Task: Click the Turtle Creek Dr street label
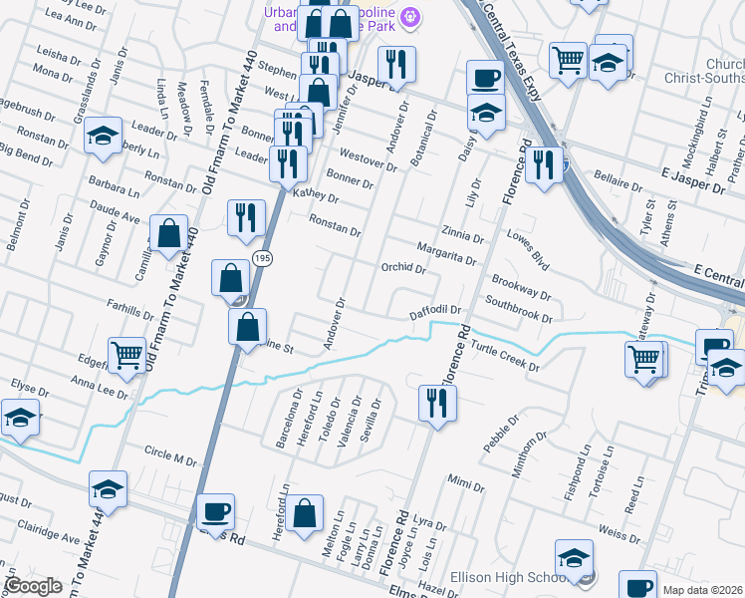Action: [505, 358]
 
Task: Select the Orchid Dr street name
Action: [403, 268]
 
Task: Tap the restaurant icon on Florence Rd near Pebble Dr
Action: [436, 403]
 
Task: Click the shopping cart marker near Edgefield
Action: [127, 354]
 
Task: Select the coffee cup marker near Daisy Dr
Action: [485, 79]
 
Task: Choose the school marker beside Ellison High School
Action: [574, 558]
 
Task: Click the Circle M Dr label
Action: [170, 459]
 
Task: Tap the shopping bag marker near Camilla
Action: [169, 234]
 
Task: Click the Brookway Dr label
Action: [521, 287]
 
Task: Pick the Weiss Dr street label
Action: [621, 536]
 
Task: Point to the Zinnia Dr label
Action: [462, 236]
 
